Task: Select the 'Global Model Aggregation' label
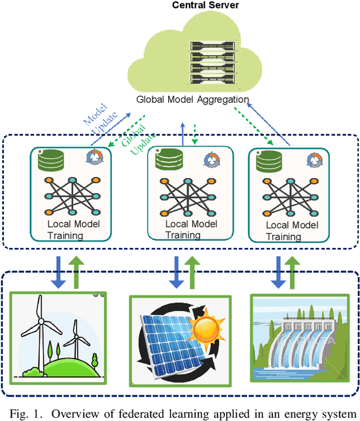(192, 99)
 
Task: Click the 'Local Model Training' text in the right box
(292, 230)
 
